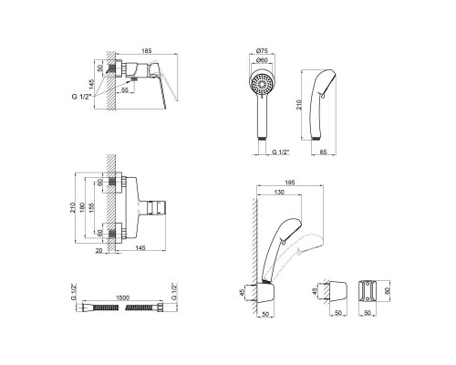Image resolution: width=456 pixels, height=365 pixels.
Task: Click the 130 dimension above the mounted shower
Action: [276, 193]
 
